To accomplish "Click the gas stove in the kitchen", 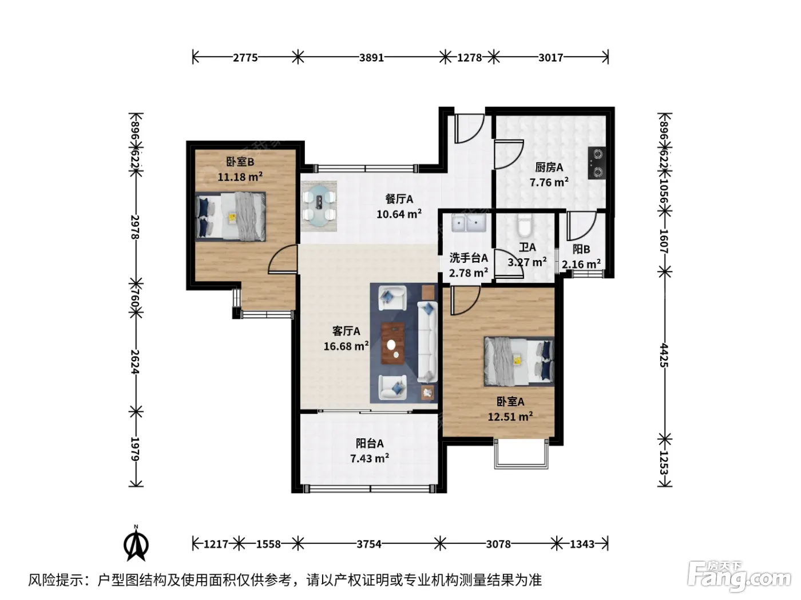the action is pos(597,163).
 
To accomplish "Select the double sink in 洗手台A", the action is pos(469,223).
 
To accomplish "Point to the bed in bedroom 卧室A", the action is pos(518,361).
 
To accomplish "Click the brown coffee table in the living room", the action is pos(392,343).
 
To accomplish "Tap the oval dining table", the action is pos(319,206).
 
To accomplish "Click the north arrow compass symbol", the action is pos(136,543).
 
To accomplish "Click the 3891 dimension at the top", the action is pos(371,58).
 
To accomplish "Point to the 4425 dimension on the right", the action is pos(664,355).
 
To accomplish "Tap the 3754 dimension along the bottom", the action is pos(369,544).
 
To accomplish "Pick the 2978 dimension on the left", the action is pos(136,227).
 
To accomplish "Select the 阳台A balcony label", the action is pos(370,443).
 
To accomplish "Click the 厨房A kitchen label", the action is pos(549,167).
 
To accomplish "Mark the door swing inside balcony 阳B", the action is pos(582,226).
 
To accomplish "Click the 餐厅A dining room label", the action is pos(399,199).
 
